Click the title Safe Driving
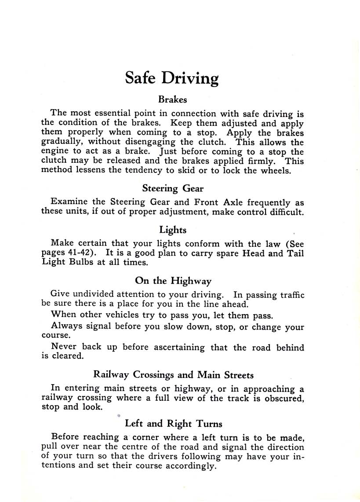(172, 77)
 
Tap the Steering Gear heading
(173, 189)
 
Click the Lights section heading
(173, 230)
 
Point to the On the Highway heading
(173, 281)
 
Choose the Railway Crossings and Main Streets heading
(174, 375)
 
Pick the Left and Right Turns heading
(174, 424)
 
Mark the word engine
(55, 152)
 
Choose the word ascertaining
(179, 348)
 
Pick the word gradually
(62, 143)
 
